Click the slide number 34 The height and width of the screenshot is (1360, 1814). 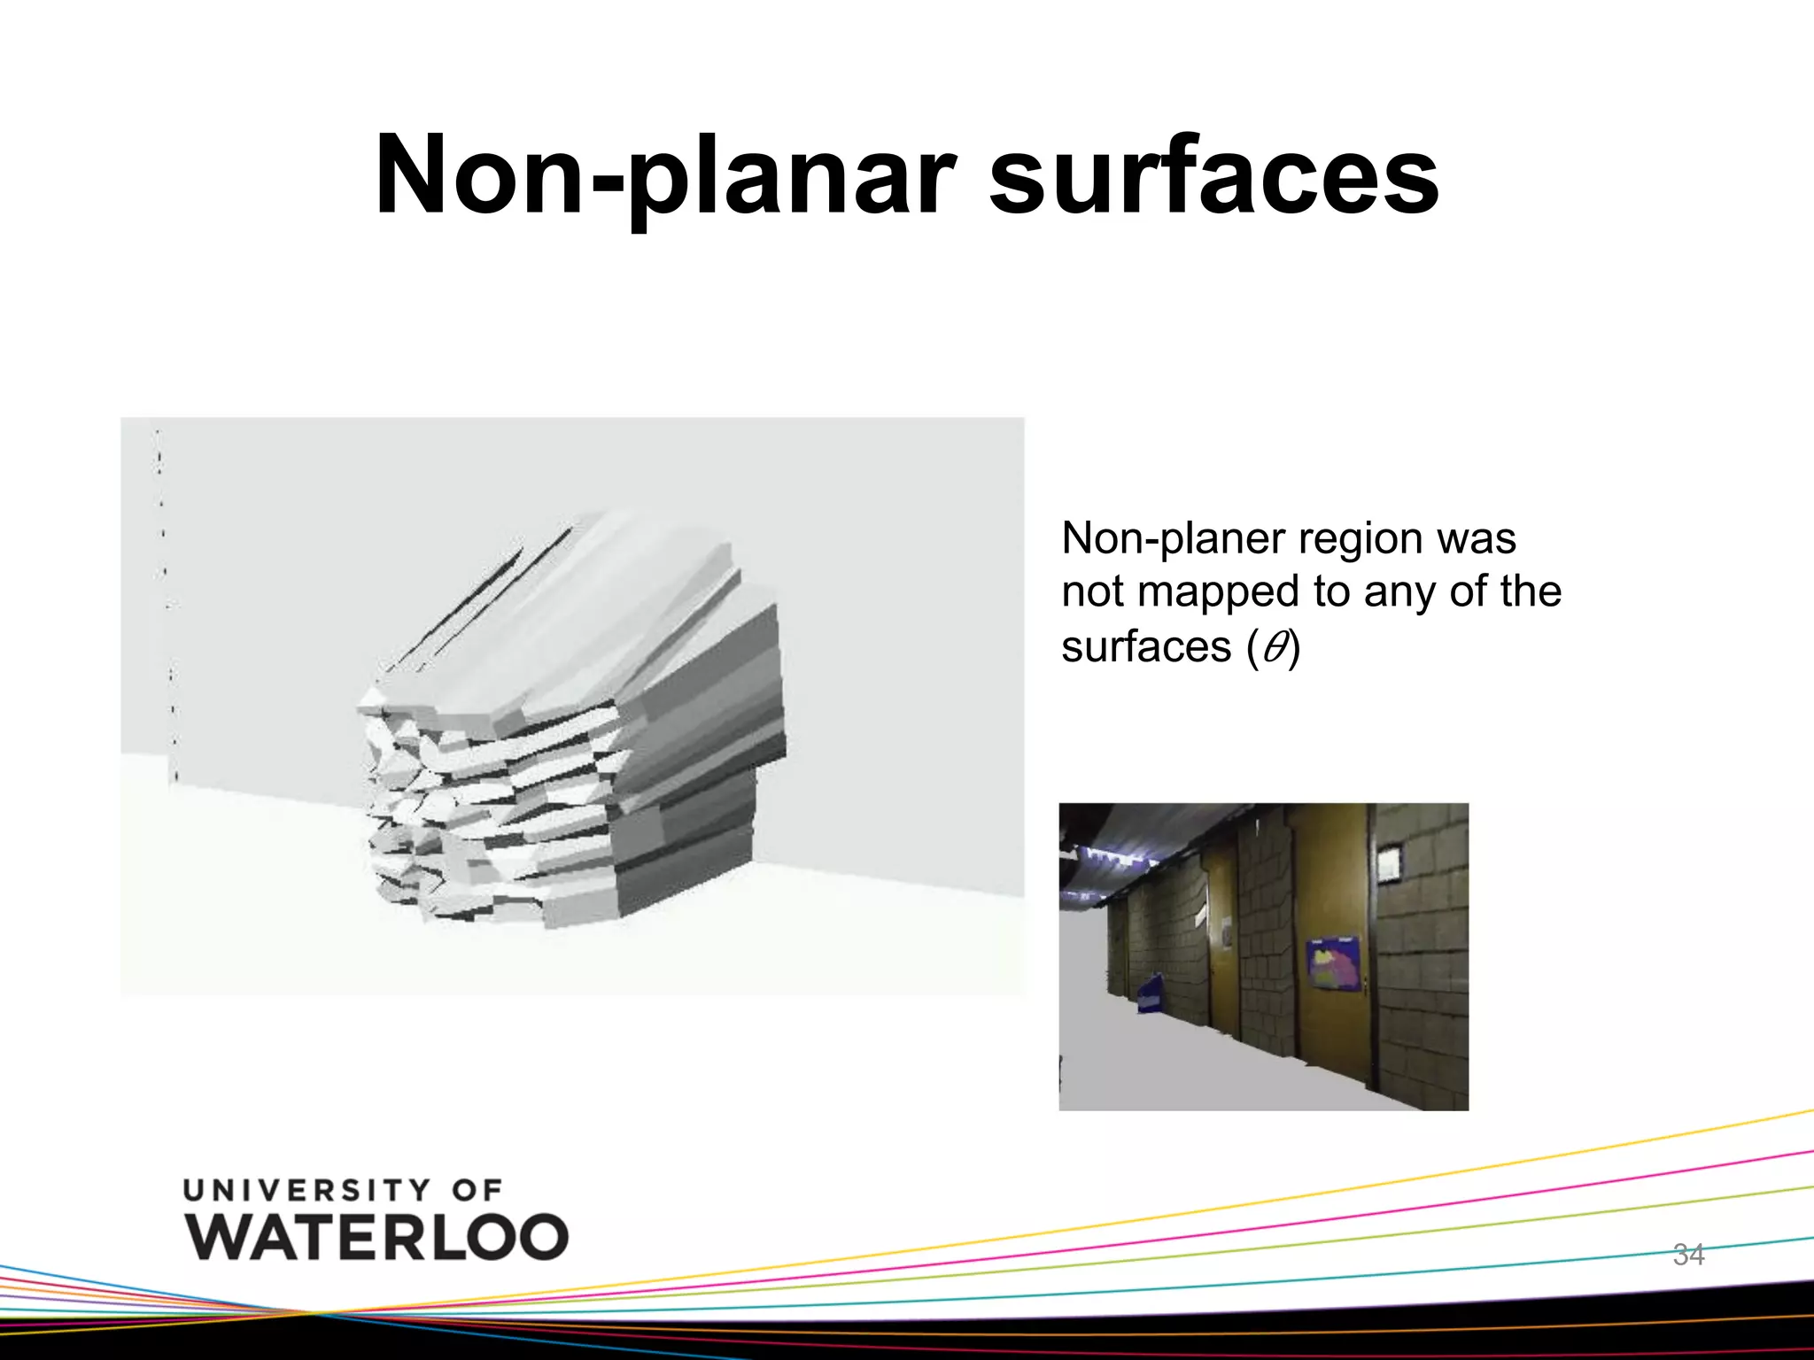pos(1688,1254)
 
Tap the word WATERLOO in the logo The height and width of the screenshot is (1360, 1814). pos(377,1236)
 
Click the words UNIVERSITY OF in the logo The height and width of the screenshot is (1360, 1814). pos(344,1190)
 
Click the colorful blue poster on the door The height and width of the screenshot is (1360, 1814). pos(1332,962)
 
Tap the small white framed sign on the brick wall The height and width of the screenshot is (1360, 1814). pos(1387,858)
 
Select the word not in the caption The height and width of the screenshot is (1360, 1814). pos(1092,592)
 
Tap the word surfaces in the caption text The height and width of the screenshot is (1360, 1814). pos(1146,647)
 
